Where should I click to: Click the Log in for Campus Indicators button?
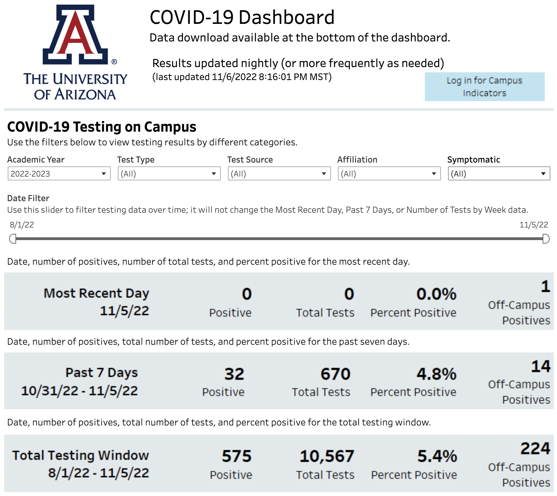pyautogui.click(x=484, y=87)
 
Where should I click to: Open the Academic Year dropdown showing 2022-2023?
pyautogui.click(x=59, y=174)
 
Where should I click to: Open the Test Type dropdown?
pyautogui.click(x=169, y=174)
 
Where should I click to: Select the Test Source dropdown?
pyautogui.click(x=279, y=174)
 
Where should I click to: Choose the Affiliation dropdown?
pyautogui.click(x=389, y=174)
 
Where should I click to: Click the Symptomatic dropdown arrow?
pyautogui.click(x=543, y=174)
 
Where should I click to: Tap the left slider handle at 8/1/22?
pyautogui.click(x=13, y=239)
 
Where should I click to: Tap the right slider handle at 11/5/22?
pyautogui.click(x=546, y=239)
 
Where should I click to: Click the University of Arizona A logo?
pyautogui.click(x=75, y=35)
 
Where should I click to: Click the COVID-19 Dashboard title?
pyautogui.click(x=242, y=18)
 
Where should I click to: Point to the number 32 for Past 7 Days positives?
pyautogui.click(x=234, y=374)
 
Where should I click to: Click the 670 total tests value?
pyautogui.click(x=335, y=374)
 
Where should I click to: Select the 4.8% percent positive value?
pyautogui.click(x=436, y=374)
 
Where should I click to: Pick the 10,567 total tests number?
pyautogui.click(x=327, y=456)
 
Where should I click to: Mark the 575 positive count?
pyautogui.click(x=237, y=456)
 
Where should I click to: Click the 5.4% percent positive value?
pyautogui.click(x=437, y=456)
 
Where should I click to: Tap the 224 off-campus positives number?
pyautogui.click(x=535, y=449)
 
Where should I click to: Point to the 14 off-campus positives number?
pyautogui.click(x=541, y=366)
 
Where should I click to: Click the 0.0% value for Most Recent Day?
pyautogui.click(x=436, y=294)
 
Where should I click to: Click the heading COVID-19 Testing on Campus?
pyautogui.click(x=102, y=127)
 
